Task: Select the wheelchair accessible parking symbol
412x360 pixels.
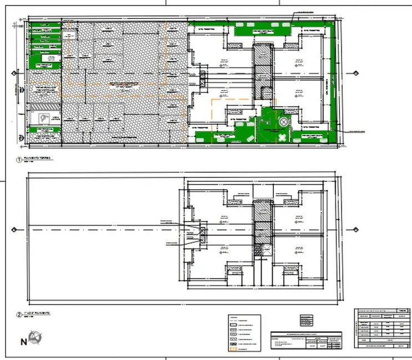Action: click(x=44, y=118)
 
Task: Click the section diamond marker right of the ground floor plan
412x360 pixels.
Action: click(x=355, y=73)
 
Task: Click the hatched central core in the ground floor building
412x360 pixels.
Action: click(x=262, y=69)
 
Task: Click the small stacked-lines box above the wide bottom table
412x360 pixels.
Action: click(x=306, y=321)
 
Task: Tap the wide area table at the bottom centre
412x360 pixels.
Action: click(x=306, y=342)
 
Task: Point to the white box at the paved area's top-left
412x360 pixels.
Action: click(x=70, y=35)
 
